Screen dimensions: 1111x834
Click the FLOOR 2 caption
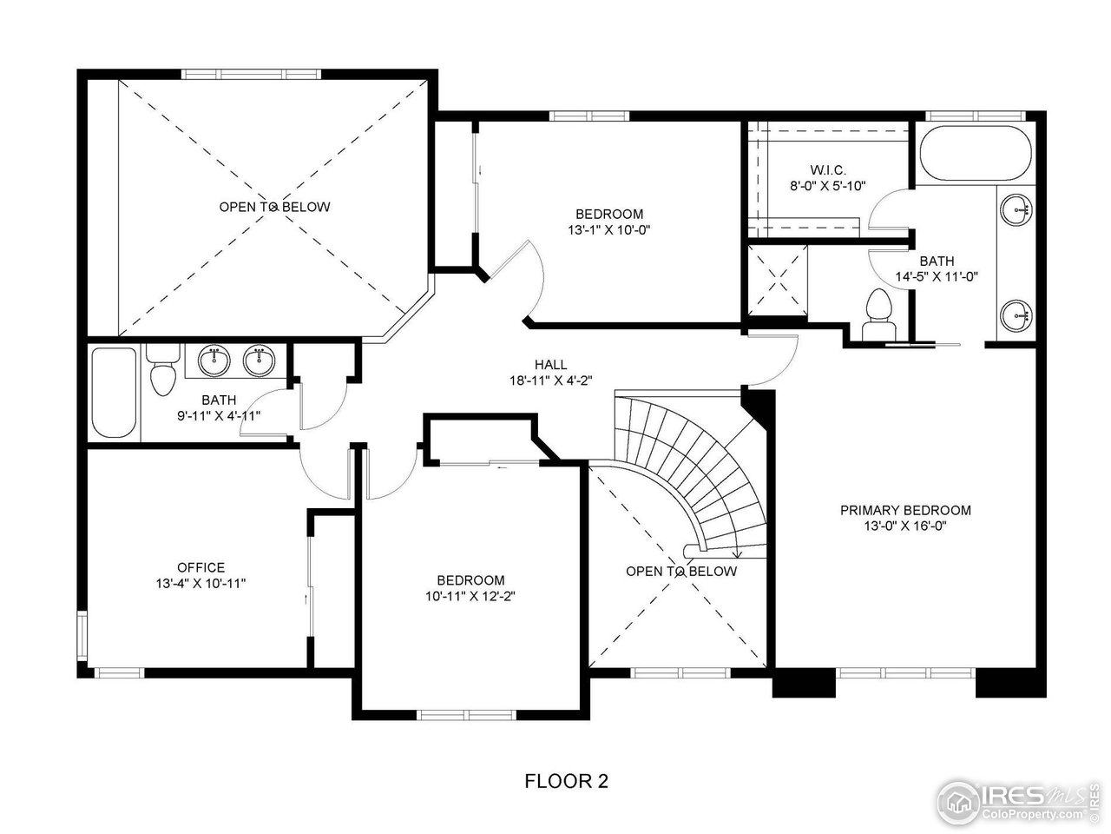(x=566, y=780)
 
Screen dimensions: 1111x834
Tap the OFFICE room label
(x=201, y=567)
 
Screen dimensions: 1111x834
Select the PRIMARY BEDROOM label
(x=905, y=510)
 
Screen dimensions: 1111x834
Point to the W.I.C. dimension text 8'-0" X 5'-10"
(x=828, y=186)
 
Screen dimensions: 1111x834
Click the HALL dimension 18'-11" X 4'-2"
(x=550, y=381)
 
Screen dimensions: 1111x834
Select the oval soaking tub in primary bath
(x=975, y=153)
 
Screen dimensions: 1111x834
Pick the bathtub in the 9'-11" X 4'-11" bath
(x=114, y=392)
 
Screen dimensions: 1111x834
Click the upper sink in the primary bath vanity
(x=1016, y=208)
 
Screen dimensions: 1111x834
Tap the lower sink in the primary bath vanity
(x=1016, y=314)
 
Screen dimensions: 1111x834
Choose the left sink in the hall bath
(x=214, y=360)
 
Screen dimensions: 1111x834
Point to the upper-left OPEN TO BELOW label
(x=274, y=207)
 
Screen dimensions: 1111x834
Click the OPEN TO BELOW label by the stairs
(x=681, y=571)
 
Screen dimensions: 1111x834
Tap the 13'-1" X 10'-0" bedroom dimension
(x=609, y=230)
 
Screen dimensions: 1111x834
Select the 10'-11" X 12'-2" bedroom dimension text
(x=470, y=596)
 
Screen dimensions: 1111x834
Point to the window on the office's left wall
(x=82, y=635)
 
